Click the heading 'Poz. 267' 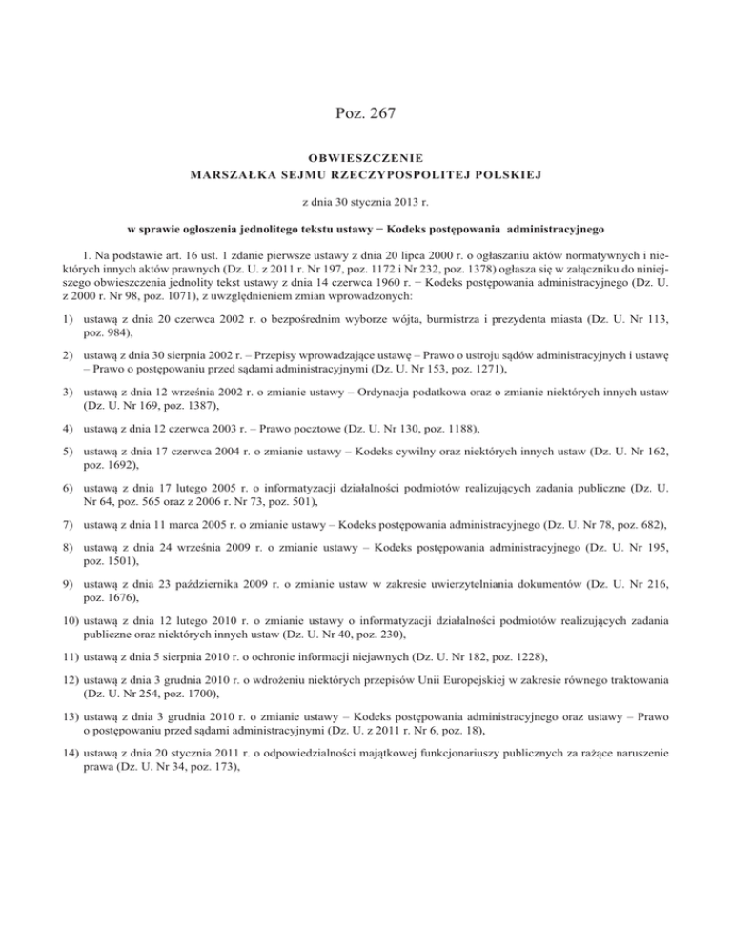(366, 113)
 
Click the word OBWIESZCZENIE (366, 156)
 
